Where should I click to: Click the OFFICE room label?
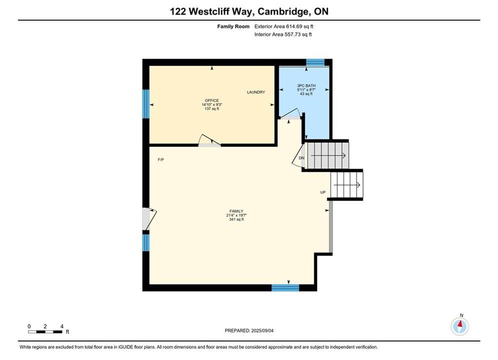click(x=212, y=100)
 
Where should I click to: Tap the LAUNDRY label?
click(x=256, y=92)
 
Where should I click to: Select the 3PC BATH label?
click(x=306, y=85)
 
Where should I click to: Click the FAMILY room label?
click(x=236, y=211)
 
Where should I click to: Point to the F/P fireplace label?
click(x=161, y=160)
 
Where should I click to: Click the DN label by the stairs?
click(x=301, y=158)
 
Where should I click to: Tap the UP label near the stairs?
click(x=323, y=192)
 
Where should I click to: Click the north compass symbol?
click(x=460, y=325)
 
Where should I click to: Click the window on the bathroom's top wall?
click(x=315, y=62)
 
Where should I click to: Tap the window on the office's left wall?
click(x=146, y=103)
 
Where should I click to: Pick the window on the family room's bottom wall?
click(x=285, y=287)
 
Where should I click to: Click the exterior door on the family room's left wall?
click(x=149, y=219)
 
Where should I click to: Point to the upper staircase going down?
click(x=326, y=155)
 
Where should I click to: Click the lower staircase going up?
click(x=346, y=185)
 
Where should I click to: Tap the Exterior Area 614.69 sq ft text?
click(x=284, y=26)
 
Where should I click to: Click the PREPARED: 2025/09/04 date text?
click(x=249, y=330)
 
